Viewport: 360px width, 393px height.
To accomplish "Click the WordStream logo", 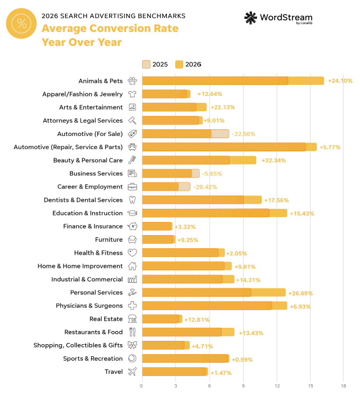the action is (x=278, y=18).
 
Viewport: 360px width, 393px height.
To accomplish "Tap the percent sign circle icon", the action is (x=21, y=24).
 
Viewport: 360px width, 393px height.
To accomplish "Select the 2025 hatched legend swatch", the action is (x=147, y=65).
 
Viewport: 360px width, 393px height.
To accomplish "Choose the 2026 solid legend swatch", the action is (x=179, y=65).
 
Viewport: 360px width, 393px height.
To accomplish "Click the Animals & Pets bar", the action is (x=233, y=81).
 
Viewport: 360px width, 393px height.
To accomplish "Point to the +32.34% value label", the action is (x=274, y=161).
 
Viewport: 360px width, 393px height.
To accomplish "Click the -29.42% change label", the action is (x=205, y=187).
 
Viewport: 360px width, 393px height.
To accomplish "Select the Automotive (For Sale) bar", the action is (x=185, y=134).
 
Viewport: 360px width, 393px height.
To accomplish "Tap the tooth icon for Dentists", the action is (x=132, y=200).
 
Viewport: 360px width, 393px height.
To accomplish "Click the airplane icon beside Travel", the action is (x=132, y=372).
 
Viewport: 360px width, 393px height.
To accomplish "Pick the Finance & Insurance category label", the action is (x=93, y=226).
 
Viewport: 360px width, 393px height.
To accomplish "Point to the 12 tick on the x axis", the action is (x=277, y=386).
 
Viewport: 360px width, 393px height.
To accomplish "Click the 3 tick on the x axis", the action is (x=176, y=386).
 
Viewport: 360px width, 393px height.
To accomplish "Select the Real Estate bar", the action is (x=162, y=319).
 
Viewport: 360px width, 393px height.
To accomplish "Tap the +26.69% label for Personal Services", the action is (x=301, y=293).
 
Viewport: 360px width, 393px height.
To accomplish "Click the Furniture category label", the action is (x=109, y=240).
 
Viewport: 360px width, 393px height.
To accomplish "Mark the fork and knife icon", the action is (x=132, y=332).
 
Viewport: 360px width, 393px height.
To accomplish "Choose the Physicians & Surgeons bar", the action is (x=215, y=305).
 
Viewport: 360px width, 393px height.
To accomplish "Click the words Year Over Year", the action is (x=82, y=42).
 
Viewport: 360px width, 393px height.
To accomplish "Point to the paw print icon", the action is (x=132, y=81).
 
